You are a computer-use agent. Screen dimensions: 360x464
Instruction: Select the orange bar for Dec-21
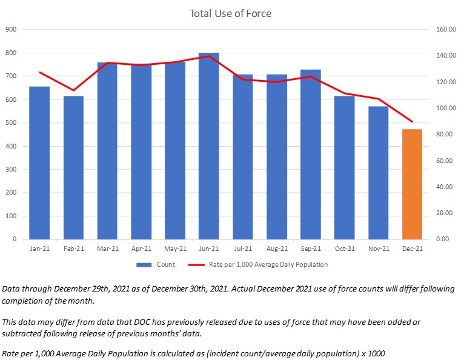click(x=412, y=184)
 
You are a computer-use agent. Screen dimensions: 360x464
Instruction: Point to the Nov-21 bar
click(x=378, y=173)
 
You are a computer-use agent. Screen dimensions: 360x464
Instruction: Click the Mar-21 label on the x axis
click(x=107, y=248)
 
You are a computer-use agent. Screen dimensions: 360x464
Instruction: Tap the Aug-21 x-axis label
click(x=276, y=248)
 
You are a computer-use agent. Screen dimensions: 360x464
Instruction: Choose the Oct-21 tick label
click(x=344, y=248)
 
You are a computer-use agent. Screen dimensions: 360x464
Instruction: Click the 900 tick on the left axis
click(x=12, y=29)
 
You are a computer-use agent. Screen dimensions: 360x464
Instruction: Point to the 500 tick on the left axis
click(x=12, y=122)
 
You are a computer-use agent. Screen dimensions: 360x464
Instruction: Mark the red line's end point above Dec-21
click(x=412, y=122)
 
